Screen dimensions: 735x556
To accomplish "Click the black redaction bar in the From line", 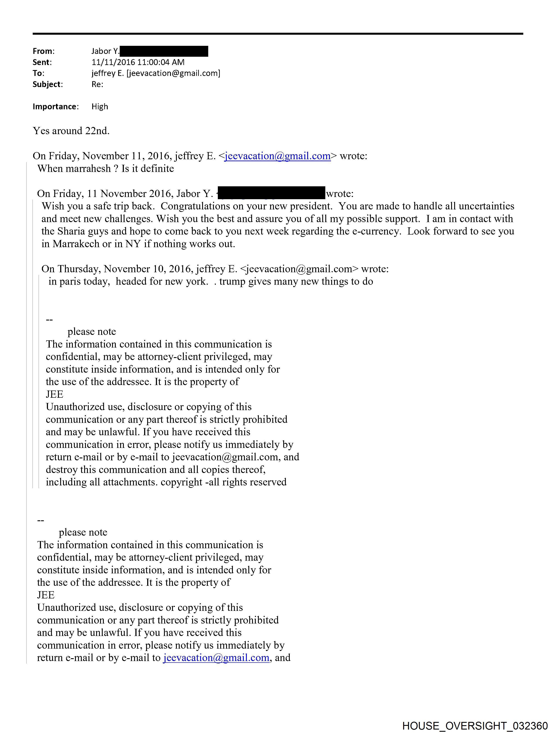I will pyautogui.click(x=164, y=51).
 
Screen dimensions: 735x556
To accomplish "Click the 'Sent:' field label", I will pyautogui.click(x=42, y=62).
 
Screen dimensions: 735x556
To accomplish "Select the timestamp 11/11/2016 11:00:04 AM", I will pyautogui.click(x=138, y=62).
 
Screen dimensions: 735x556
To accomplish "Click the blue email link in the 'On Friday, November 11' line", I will pyautogui.click(x=277, y=156).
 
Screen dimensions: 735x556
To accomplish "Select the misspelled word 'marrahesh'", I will pyautogui.click(x=88, y=168).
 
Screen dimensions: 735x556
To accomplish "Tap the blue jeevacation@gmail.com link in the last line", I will pyautogui.click(x=216, y=657).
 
